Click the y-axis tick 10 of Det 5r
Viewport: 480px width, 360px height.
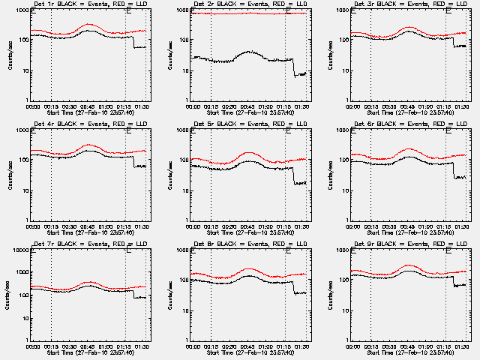point(184,190)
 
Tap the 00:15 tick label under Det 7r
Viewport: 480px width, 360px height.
point(51,346)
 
